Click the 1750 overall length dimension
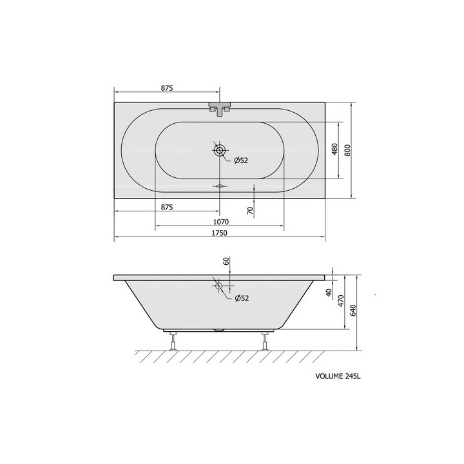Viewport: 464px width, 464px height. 219,233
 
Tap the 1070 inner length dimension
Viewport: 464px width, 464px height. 221,222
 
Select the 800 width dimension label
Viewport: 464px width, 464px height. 347,150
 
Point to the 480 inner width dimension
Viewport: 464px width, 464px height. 334,150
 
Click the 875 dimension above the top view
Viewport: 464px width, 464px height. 167,88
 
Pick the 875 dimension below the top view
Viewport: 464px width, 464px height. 167,207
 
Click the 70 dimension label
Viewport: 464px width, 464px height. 250,211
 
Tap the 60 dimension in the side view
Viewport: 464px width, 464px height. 226,261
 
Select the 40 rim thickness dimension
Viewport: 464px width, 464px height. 329,293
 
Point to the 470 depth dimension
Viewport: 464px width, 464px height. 341,301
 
